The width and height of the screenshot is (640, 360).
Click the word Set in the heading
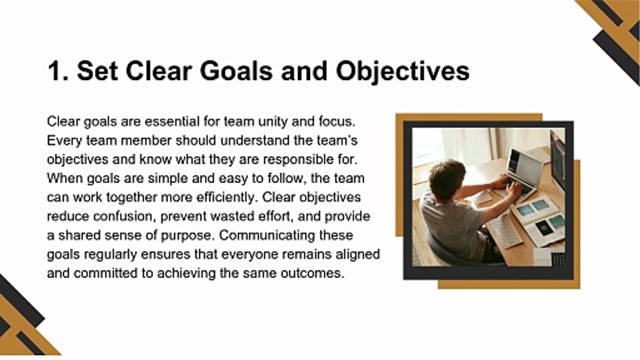97,71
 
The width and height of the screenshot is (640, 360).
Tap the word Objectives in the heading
403,71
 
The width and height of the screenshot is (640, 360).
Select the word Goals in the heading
236,71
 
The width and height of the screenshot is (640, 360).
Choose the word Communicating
267,235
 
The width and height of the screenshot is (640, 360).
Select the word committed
105,273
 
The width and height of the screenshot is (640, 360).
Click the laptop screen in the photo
525,165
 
